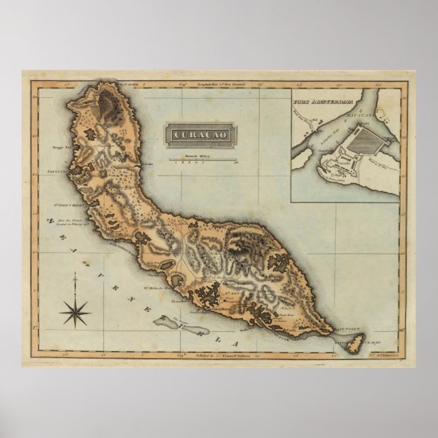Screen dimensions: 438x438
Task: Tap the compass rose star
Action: coord(75,312)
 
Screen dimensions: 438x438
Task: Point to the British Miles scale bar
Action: coord(199,161)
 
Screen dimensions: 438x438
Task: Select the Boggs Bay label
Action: coord(58,146)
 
